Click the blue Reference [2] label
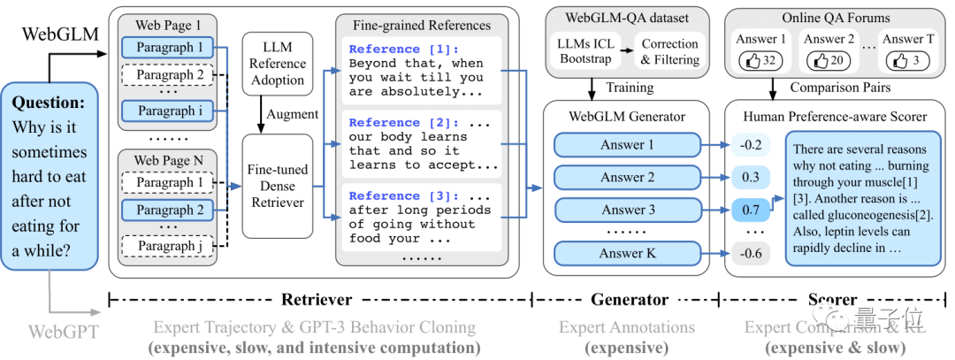[401, 123]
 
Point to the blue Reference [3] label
[401, 195]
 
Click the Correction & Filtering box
[670, 51]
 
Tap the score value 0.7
[751, 211]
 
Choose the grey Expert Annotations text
[626, 327]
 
